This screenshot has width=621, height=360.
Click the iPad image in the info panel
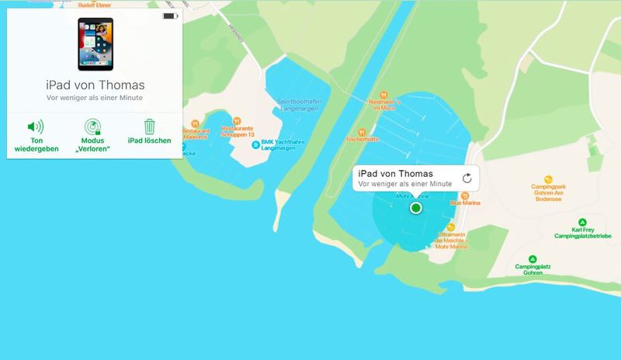point(95,44)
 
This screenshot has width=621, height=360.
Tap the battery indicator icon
point(169,16)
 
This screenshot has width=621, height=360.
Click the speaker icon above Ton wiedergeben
point(36,126)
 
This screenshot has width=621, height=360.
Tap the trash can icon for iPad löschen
point(149,126)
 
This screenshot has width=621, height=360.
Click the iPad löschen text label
point(149,141)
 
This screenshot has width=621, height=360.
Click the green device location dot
point(416,208)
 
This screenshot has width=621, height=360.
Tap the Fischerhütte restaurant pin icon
point(362,133)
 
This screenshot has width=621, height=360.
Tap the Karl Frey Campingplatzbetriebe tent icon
point(582,222)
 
